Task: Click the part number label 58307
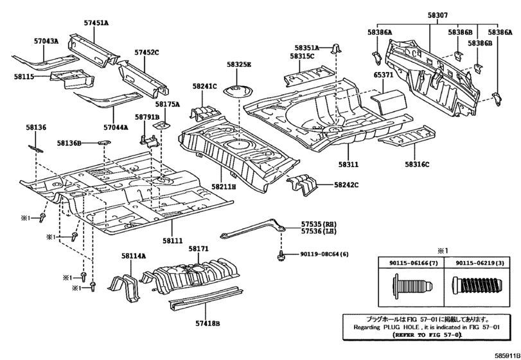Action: (437, 15)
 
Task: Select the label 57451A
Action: (96, 23)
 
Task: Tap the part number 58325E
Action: (239, 64)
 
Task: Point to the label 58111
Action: (173, 240)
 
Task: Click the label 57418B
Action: (208, 323)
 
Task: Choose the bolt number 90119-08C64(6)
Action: (324, 255)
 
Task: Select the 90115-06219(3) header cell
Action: (479, 263)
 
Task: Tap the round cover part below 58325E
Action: (238, 91)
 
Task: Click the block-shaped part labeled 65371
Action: (389, 102)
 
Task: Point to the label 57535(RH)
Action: (319, 224)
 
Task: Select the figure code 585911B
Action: (507, 355)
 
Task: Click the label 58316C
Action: (417, 164)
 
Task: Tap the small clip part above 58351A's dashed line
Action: (336, 48)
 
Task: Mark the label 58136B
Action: (69, 143)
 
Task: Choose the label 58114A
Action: (134, 256)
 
